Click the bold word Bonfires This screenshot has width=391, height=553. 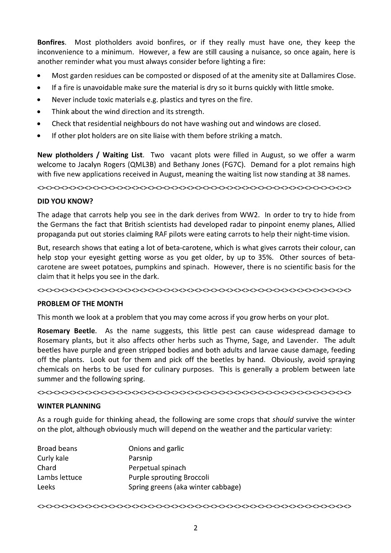[x=51, y=42]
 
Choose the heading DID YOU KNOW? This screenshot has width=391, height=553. [x=65, y=201]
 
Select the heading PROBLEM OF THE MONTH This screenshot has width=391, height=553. [x=80, y=304]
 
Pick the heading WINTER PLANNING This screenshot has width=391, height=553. [x=69, y=406]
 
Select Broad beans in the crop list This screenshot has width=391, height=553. [x=57, y=449]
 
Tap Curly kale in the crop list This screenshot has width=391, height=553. [x=53, y=458]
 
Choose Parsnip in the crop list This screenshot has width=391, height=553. [x=141, y=458]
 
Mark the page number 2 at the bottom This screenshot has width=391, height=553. [x=195, y=528]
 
